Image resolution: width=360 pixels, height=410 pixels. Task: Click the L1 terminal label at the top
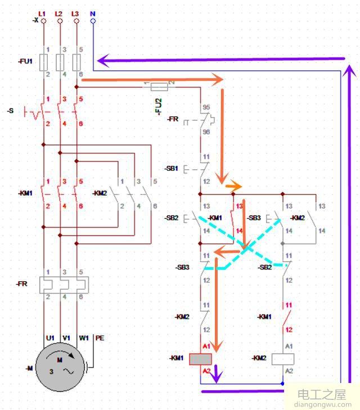coord(42,12)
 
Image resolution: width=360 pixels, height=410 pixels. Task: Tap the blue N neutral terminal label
coord(93,12)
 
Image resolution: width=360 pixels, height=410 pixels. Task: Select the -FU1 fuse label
coord(25,61)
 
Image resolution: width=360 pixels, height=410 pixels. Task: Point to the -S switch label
coord(10,111)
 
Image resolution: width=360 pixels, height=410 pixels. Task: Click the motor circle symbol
coord(59,367)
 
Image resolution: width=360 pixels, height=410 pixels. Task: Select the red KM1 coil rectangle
coord(200,358)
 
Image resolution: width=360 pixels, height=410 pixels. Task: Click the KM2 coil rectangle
coord(283,358)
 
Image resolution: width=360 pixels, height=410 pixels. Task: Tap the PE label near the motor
coord(100,338)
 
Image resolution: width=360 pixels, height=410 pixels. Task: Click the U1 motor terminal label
coord(50,338)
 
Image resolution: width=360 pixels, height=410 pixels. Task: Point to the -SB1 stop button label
coord(172,168)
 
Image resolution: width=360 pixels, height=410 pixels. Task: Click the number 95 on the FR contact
coord(206,106)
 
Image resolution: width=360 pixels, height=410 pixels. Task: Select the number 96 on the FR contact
coord(206,132)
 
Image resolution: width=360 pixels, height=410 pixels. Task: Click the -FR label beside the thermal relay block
coord(21,284)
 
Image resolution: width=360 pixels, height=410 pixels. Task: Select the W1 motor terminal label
coord(83,338)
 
